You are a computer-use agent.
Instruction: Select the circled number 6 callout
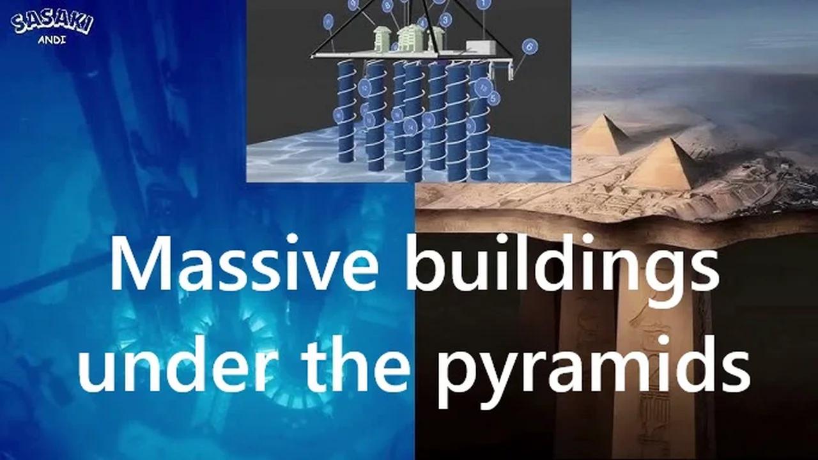pyautogui.click(x=529, y=46)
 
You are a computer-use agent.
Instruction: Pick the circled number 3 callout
pyautogui.click(x=445, y=20)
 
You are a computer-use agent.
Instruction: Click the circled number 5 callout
pyautogui.click(x=493, y=98)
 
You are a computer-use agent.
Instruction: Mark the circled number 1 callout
pyautogui.click(x=484, y=4)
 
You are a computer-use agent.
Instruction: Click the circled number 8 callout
pyautogui.click(x=387, y=6)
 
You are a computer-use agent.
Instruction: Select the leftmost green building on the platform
pyautogui.click(x=383, y=40)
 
